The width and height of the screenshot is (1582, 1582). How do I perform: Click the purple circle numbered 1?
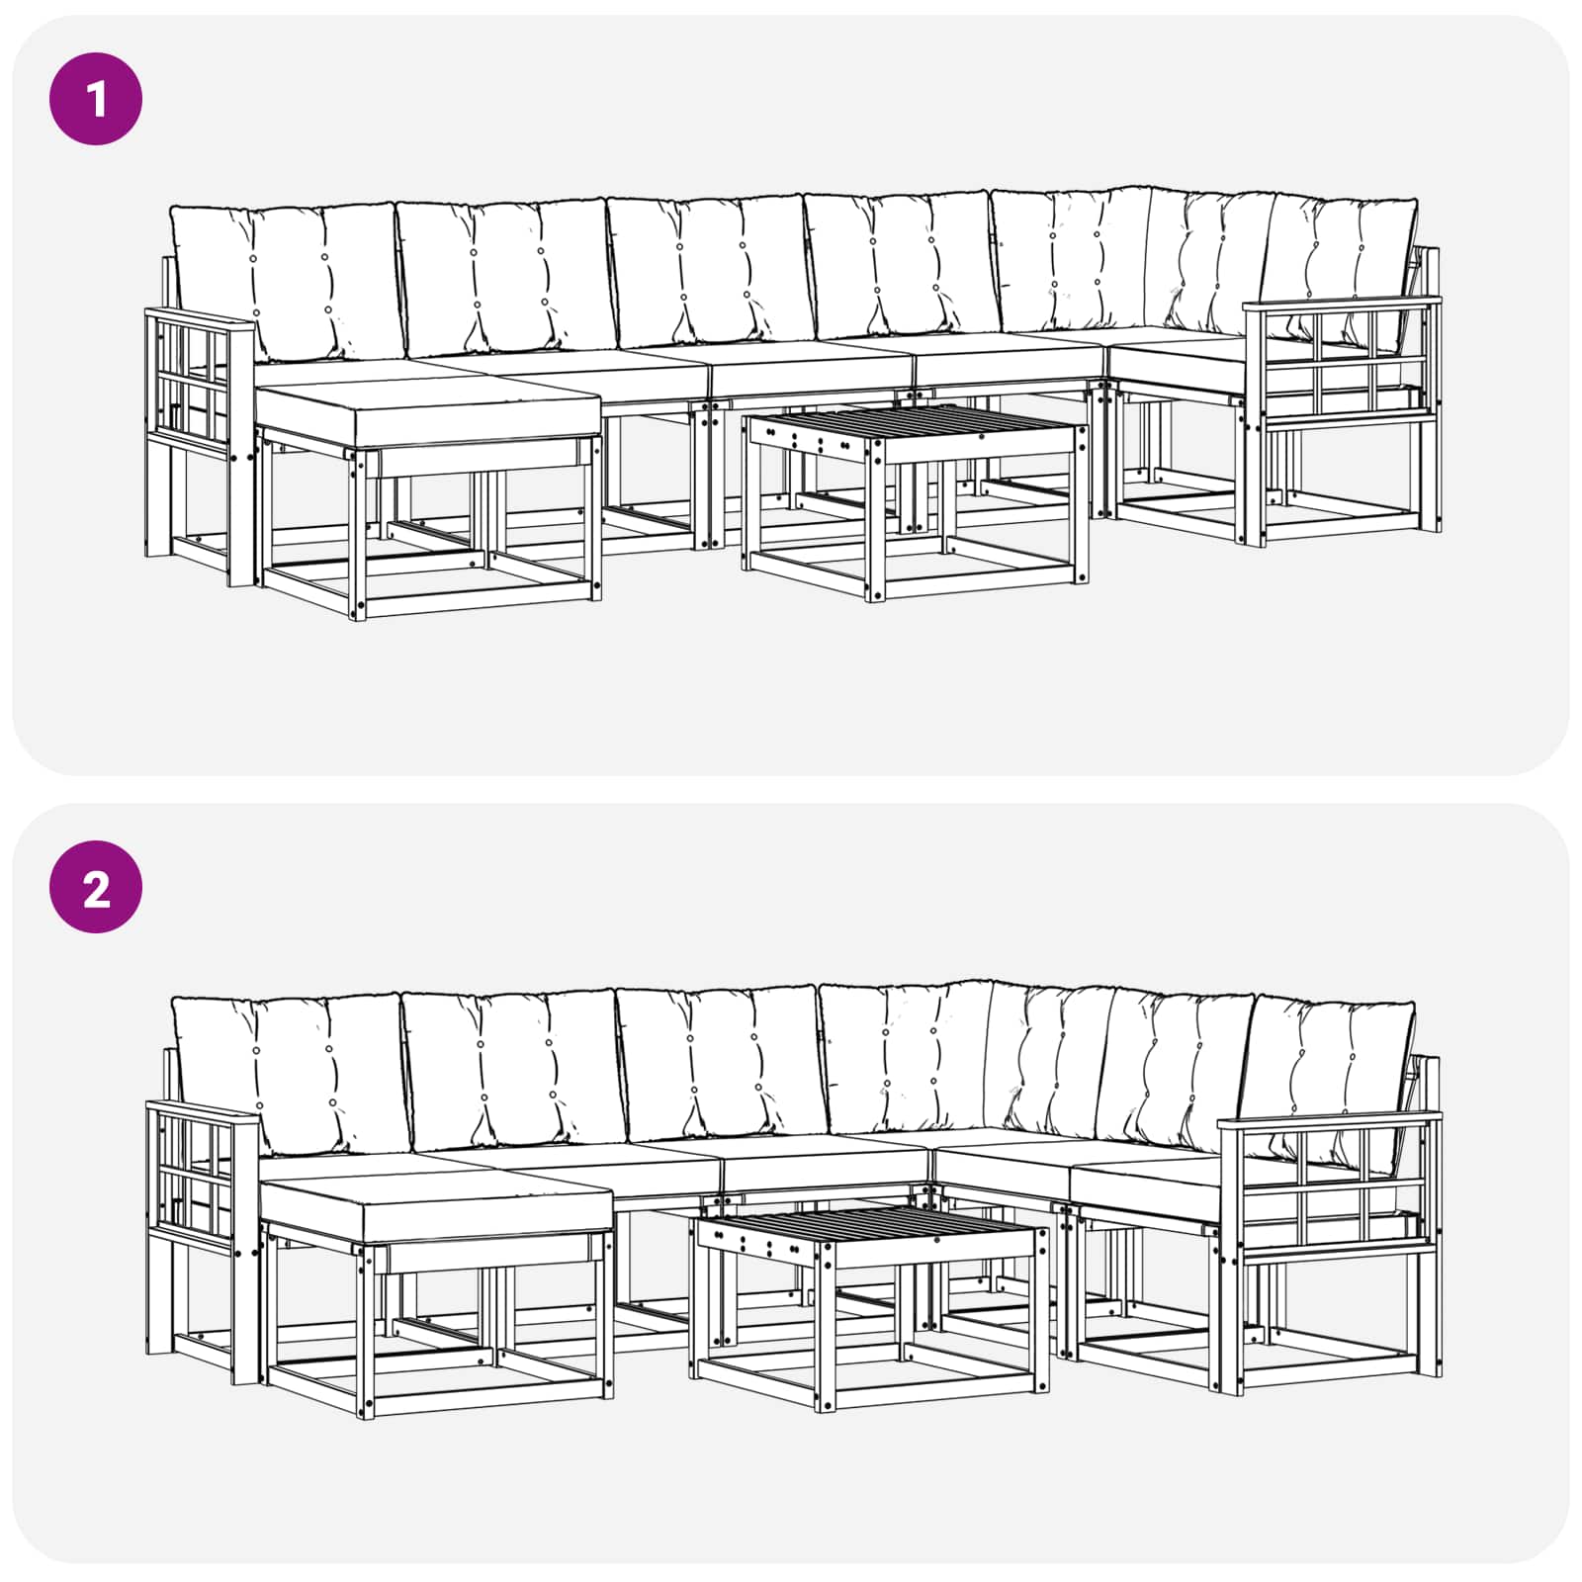96,99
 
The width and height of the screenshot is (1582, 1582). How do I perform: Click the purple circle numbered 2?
96,887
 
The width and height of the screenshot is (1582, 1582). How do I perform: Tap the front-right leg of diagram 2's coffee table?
1041,1307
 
